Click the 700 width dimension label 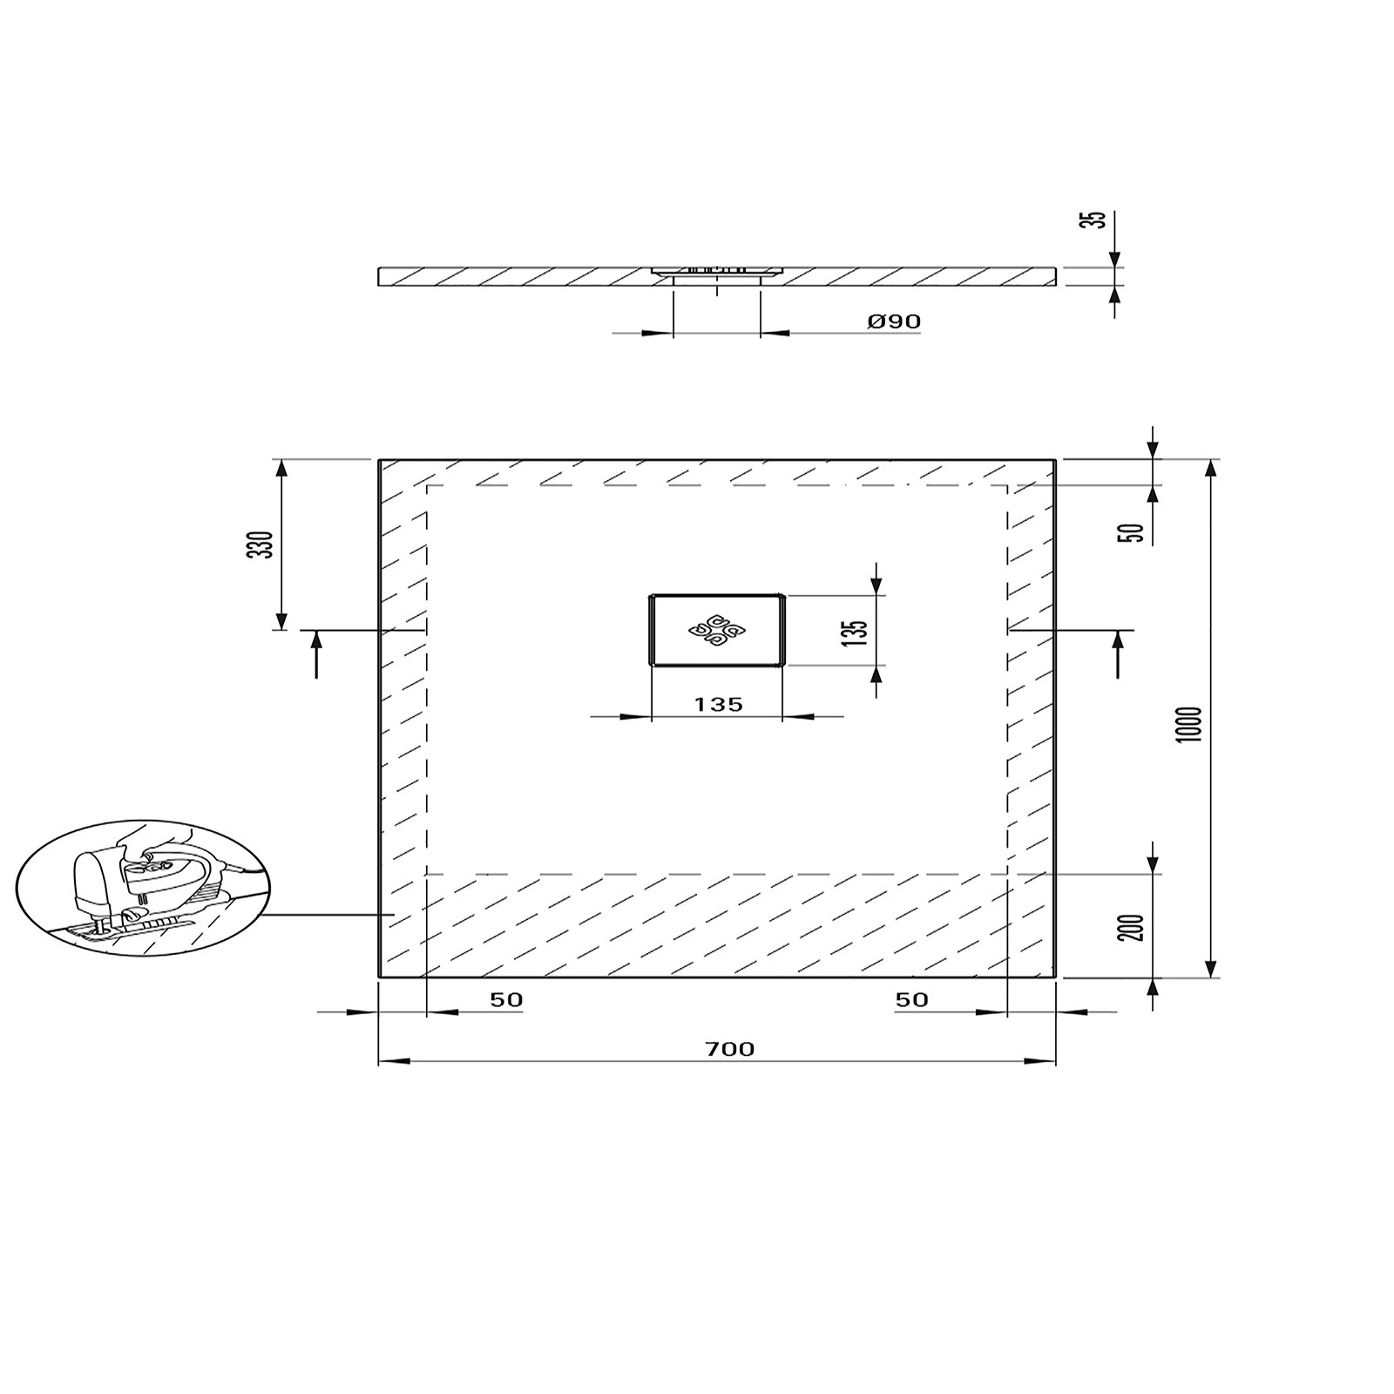click(730, 1049)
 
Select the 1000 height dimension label click(1194, 723)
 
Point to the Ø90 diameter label click(894, 321)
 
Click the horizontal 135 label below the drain click(719, 704)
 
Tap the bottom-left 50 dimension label click(506, 999)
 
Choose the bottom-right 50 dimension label click(911, 999)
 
